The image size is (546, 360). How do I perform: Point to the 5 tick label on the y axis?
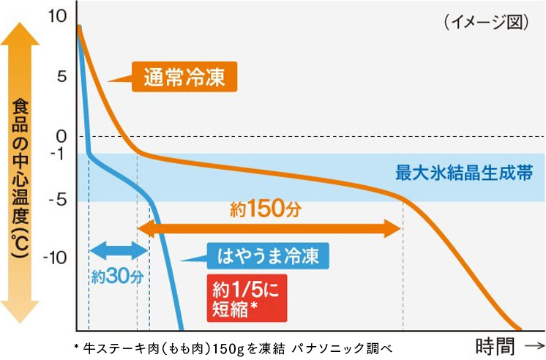coord(61,76)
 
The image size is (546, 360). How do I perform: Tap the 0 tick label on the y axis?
coord(61,136)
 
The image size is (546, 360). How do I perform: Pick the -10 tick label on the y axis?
coord(55,257)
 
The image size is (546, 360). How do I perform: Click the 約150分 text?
coord(265,209)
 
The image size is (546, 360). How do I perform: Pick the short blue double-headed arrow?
coord(119,251)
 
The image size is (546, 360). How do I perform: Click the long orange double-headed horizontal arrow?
coord(269,229)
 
